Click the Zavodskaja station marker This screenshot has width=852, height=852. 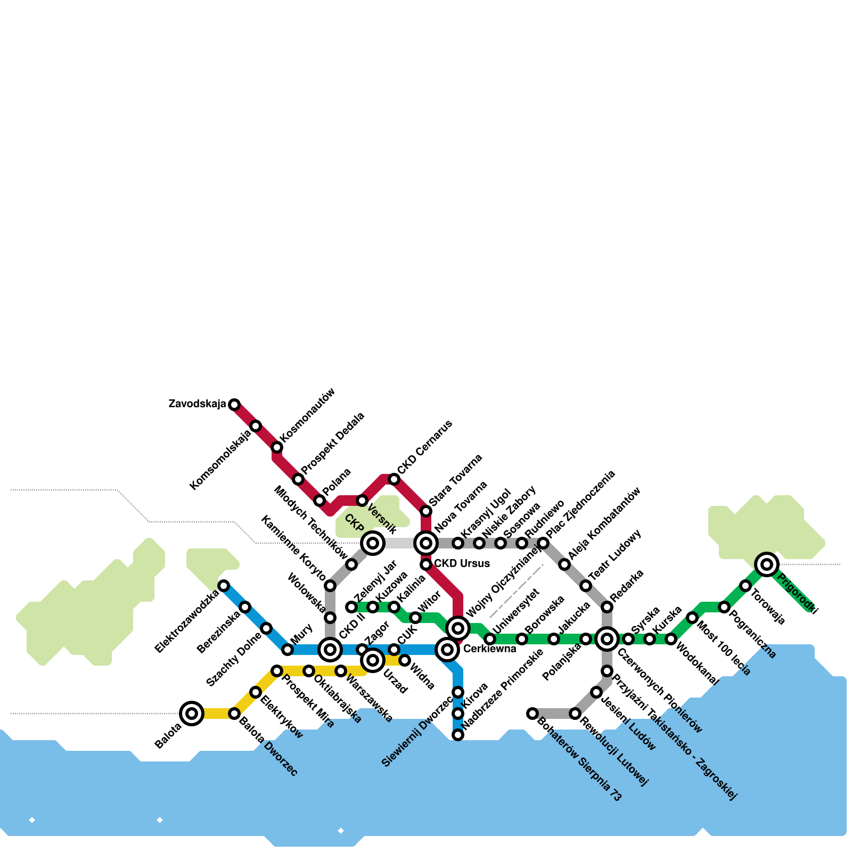(234, 405)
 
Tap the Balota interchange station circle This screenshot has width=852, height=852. (192, 714)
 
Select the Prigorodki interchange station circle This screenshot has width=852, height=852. (767, 564)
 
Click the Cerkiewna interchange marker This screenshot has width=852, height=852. (447, 650)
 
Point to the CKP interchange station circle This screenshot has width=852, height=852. (373, 543)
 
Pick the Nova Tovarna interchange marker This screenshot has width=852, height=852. (426, 543)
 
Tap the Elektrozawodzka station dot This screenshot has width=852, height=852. (224, 586)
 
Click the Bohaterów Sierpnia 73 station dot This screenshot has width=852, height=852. (532, 714)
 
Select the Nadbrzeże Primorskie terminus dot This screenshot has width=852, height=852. (458, 735)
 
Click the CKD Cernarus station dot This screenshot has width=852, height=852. (394, 479)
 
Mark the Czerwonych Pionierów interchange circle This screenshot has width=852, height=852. (607, 639)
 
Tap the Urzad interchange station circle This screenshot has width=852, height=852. (373, 660)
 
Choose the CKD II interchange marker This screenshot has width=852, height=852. (330, 650)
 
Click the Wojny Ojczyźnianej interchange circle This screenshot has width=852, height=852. (458, 628)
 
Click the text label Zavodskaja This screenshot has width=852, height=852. (197, 404)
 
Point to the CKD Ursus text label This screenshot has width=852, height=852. (462, 563)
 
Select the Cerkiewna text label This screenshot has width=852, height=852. (489, 649)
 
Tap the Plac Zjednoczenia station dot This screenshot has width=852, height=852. (543, 543)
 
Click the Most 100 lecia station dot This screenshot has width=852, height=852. (692, 618)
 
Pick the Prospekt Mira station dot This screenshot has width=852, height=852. (277, 671)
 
